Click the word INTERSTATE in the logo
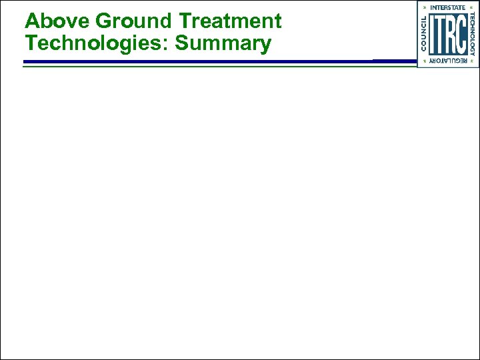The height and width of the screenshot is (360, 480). click(448, 7)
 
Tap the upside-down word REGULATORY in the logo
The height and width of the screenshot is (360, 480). click(448, 61)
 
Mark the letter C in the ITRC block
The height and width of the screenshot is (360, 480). click(461, 35)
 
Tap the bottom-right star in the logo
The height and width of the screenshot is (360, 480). click(472, 61)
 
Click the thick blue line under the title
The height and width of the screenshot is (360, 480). click(200, 61)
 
